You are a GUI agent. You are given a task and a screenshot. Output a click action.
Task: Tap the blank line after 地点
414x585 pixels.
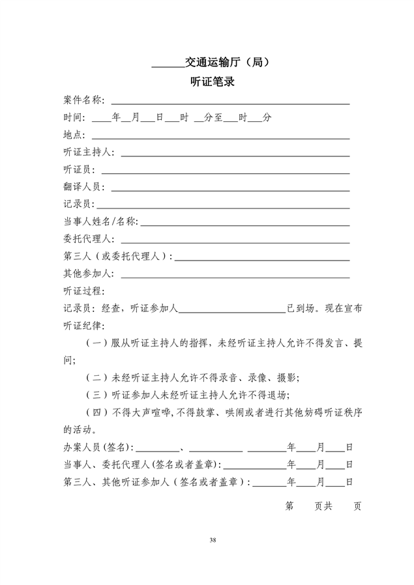coord(220,136)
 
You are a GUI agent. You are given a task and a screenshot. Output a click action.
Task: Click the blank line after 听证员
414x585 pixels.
coord(225,171)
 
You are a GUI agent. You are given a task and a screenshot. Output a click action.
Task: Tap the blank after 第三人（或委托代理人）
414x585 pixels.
coord(261,258)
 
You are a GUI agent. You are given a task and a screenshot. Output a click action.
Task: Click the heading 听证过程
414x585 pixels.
coord(83,291)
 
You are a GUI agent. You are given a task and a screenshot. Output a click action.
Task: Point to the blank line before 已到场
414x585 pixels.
coord(232,310)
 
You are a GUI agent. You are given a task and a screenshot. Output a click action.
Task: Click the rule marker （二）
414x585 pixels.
coord(97,377)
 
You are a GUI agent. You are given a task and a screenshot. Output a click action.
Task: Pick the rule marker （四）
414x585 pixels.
coord(97,412)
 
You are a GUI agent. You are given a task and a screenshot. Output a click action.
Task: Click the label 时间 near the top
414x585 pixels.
coord(73,118)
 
